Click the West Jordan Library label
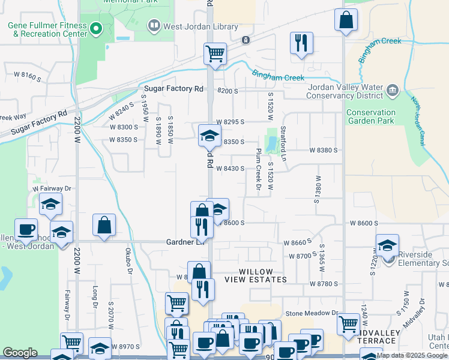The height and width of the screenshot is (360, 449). [x=200, y=27]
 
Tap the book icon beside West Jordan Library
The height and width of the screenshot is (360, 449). [x=154, y=26]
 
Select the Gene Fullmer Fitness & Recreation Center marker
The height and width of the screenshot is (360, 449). [x=95, y=28]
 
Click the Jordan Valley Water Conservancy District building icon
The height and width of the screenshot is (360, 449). [x=393, y=91]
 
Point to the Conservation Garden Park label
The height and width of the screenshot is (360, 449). [x=370, y=116]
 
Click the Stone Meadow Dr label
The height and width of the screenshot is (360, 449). [x=312, y=313]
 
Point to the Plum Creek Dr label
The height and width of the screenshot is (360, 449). [x=258, y=170]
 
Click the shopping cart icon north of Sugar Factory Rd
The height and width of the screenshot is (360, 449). [x=214, y=53]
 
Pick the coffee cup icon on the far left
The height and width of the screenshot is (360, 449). [x=26, y=229]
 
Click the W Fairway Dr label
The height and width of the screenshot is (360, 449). [x=52, y=188]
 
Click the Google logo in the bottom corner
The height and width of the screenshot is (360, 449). [x=20, y=353]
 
